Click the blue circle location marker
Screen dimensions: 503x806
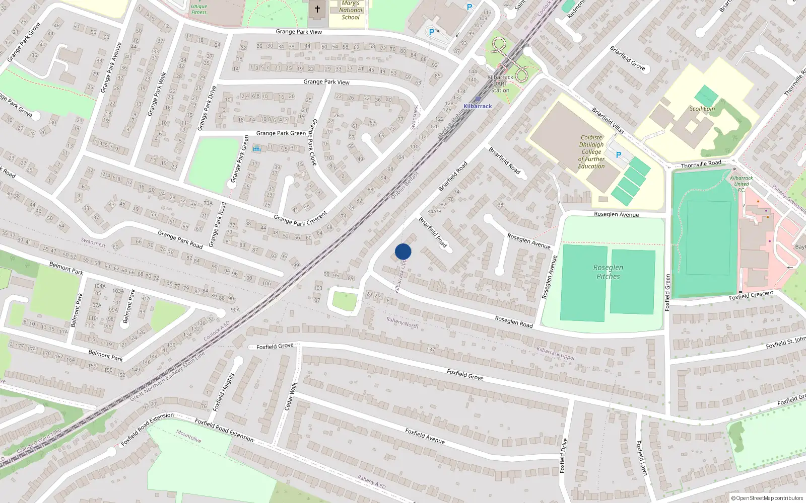tap(403, 251)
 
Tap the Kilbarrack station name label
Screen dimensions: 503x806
tap(478, 106)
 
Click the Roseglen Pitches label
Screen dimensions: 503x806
tap(608, 272)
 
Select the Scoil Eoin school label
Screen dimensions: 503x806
tap(702, 109)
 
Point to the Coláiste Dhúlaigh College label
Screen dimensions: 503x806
tap(591, 151)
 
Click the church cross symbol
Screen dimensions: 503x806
tap(317, 9)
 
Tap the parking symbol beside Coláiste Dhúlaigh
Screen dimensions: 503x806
tap(619, 155)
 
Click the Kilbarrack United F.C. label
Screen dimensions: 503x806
tap(742, 184)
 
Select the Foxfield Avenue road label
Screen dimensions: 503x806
tap(425, 436)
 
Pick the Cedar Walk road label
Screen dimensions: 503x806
tap(291, 396)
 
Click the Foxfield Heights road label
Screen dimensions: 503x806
tap(223, 392)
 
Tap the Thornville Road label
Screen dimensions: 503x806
tap(701, 164)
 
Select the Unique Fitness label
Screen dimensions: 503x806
tap(199, 9)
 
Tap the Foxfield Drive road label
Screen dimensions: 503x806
tap(563, 455)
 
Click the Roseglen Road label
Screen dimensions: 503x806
tap(513, 321)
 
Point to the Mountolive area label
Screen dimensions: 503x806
tap(188, 436)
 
